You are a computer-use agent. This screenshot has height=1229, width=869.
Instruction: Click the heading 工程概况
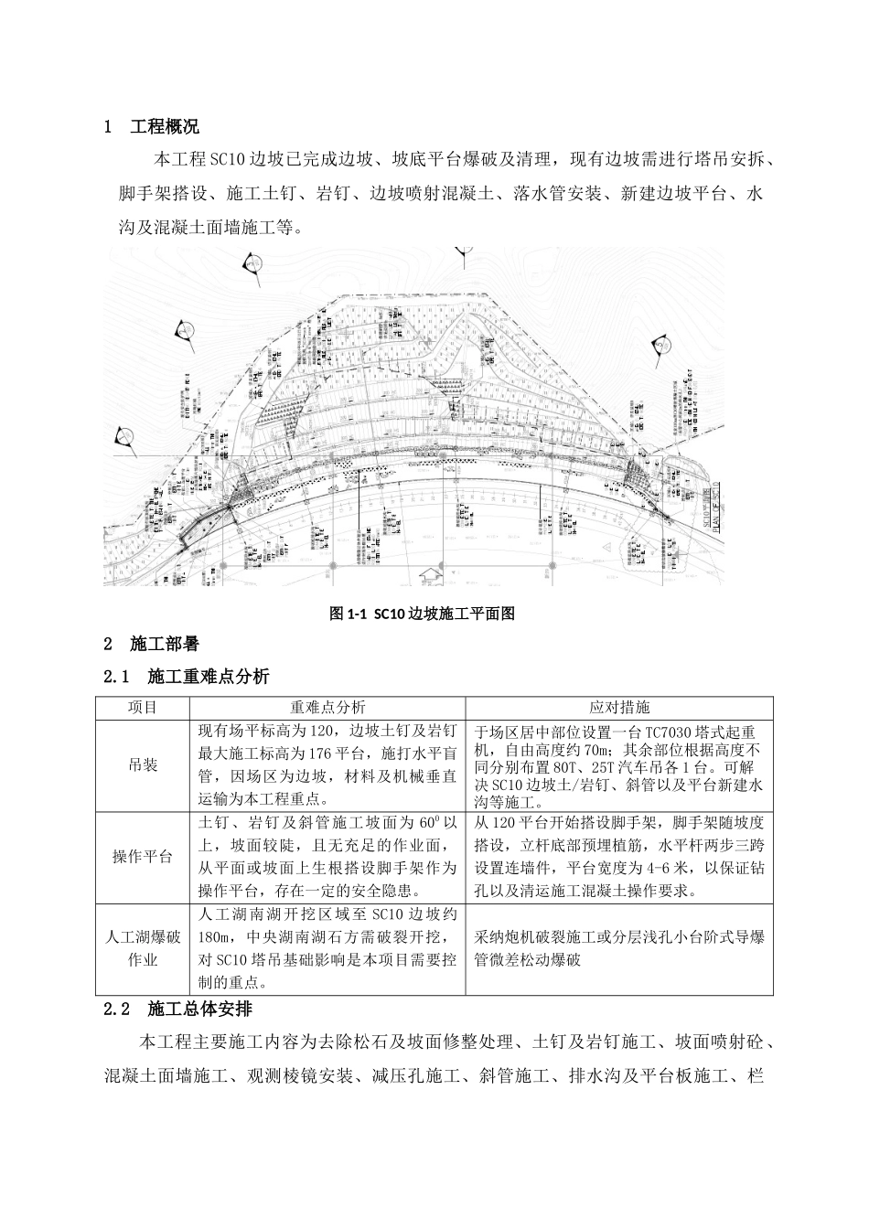(x=165, y=127)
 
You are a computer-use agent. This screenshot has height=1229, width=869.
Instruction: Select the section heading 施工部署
(x=165, y=645)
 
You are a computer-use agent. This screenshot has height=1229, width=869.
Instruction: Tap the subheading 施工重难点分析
(x=209, y=677)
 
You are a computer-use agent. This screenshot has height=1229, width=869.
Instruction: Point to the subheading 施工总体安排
(x=199, y=1010)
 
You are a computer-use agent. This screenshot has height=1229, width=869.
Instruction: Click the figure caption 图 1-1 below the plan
(x=422, y=614)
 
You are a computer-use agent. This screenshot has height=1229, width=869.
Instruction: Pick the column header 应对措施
(x=619, y=708)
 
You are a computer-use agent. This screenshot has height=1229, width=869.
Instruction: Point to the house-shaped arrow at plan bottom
(x=426, y=575)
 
